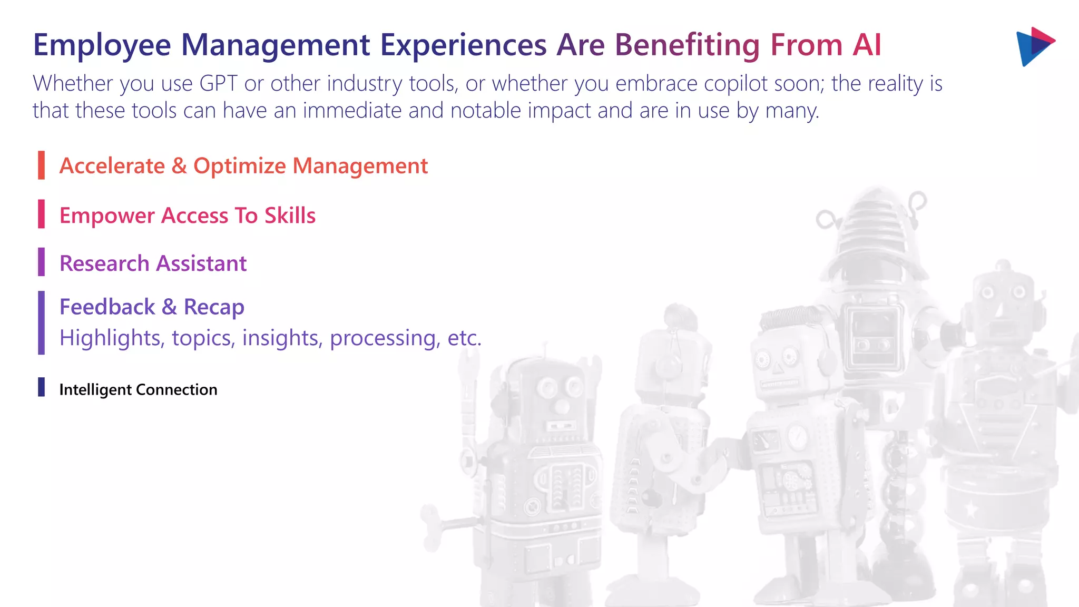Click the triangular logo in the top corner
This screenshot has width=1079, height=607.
coord(1034,46)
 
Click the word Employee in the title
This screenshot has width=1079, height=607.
coord(102,45)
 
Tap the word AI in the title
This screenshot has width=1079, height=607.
coord(867,45)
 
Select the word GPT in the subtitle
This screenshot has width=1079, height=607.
coord(218,84)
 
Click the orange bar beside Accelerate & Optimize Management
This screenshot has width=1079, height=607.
coord(41,165)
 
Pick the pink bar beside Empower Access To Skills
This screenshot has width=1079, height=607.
coord(41,214)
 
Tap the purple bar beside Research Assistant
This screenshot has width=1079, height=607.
coord(41,262)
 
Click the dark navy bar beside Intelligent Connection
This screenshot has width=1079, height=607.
coord(41,387)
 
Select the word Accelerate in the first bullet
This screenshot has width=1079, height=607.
coord(112,166)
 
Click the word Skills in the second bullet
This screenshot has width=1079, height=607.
coord(290,216)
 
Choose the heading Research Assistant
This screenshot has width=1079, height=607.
coord(153,263)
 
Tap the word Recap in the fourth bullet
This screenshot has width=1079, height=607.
coord(213,307)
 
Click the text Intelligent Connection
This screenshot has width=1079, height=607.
coord(138,390)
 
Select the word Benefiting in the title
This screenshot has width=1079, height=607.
coord(687,45)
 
